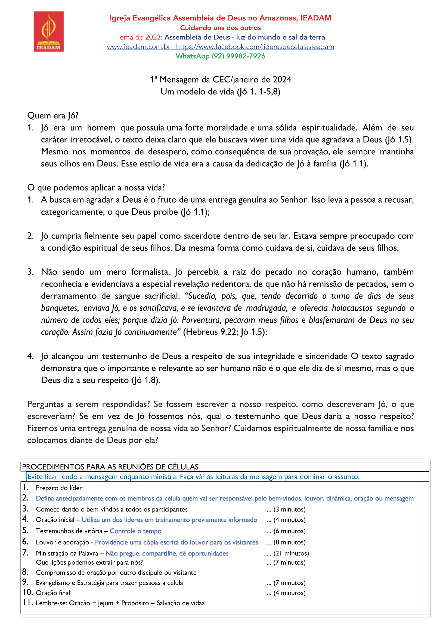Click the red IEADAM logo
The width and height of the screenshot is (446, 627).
click(49, 31)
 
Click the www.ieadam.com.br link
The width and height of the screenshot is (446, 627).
click(138, 47)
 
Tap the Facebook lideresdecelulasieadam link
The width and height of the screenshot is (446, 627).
click(255, 47)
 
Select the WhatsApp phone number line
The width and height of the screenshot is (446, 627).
click(220, 56)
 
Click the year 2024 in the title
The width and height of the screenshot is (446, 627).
click(282, 80)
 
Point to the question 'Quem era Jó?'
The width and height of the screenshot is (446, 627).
click(53, 115)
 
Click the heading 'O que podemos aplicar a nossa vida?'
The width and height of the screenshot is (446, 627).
click(96, 188)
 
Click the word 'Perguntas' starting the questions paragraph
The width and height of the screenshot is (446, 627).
click(46, 404)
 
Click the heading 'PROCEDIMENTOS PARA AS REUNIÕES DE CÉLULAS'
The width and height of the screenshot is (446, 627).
click(110, 467)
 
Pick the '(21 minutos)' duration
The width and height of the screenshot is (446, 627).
click(291, 553)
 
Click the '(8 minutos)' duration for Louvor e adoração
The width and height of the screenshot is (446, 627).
click(289, 542)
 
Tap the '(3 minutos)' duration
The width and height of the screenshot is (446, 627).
click(289, 509)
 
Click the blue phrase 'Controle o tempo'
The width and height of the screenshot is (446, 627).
click(135, 531)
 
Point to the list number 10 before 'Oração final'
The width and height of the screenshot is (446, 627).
click(28, 592)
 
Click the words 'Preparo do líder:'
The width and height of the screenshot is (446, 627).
click(60, 488)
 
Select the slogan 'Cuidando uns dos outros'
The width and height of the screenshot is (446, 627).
click(220, 28)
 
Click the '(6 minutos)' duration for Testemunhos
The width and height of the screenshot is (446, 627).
click(289, 531)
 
